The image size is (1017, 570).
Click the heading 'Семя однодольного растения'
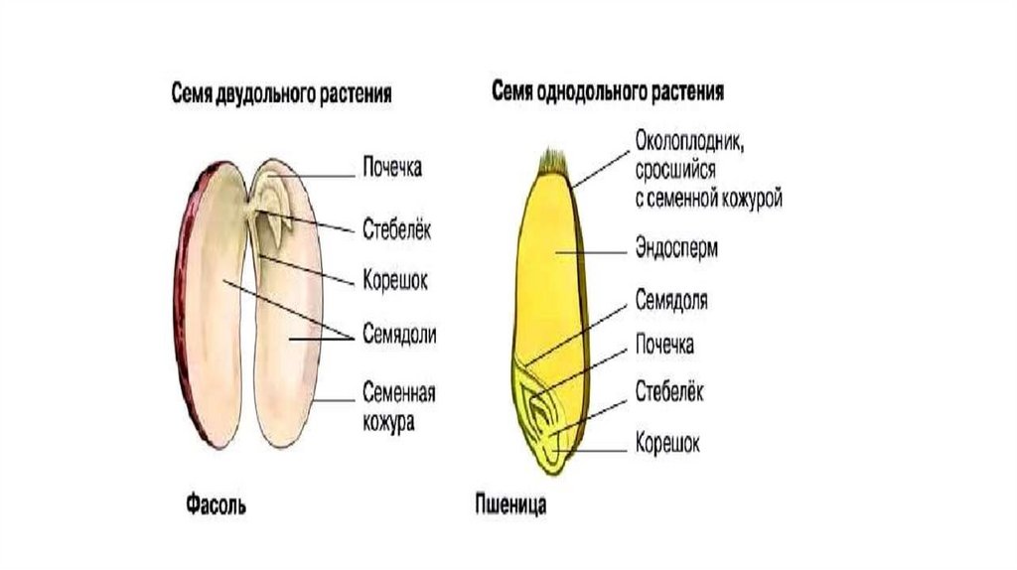click(608, 91)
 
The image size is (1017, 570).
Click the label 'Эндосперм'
click(676, 248)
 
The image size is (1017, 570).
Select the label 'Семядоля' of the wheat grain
click(671, 299)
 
